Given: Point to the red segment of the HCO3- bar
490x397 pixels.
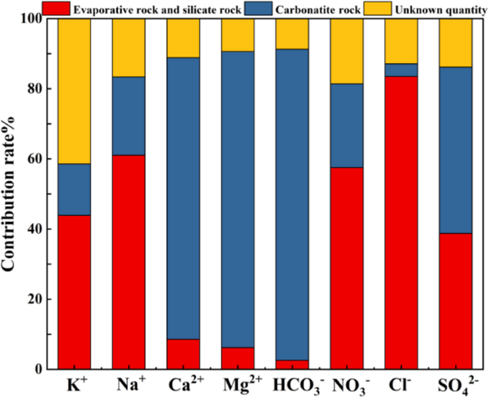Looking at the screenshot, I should point(292,364).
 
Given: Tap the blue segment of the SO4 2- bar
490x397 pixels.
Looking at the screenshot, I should point(455,150).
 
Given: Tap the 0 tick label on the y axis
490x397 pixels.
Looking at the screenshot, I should point(41,369).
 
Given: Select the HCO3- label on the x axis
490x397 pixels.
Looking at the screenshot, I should point(292,386).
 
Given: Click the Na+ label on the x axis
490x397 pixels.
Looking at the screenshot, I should point(129,385).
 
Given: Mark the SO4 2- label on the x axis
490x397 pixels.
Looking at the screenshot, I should point(455,386).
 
